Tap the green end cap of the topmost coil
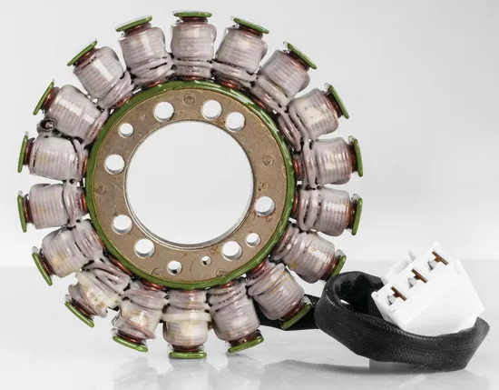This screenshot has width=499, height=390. [192, 15]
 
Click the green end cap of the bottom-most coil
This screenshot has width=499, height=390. [187, 354]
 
